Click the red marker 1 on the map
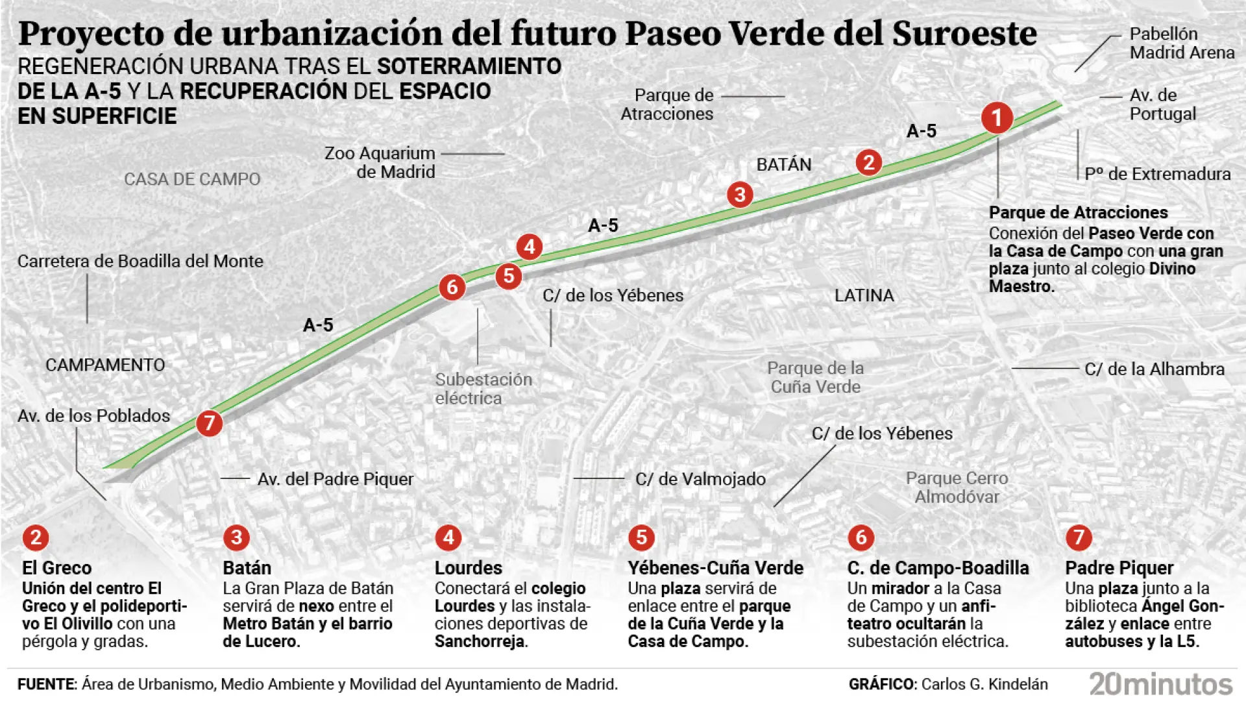pyautogui.click(x=997, y=118)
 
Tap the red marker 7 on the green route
pyautogui.click(x=209, y=423)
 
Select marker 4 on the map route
pyautogui.click(x=530, y=247)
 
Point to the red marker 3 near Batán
pyautogui.click(x=740, y=195)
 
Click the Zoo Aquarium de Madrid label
pyautogui.click(x=380, y=162)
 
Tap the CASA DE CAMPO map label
pyautogui.click(x=192, y=179)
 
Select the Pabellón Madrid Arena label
pyautogui.click(x=1181, y=43)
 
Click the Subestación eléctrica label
pyautogui.click(x=483, y=388)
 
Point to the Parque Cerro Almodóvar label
pyautogui.click(x=957, y=487)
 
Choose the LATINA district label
pyautogui.click(x=864, y=295)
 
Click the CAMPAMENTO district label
pyautogui.click(x=105, y=365)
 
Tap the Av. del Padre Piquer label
pyautogui.click(x=335, y=479)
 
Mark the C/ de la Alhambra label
pyautogui.click(x=1154, y=369)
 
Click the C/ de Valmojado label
pyautogui.click(x=700, y=479)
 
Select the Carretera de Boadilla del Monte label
pyautogui.click(x=140, y=261)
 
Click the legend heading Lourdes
pyautogui.click(x=468, y=568)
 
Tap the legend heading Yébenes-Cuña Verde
pyautogui.click(x=715, y=568)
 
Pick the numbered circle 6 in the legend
pyautogui.click(x=861, y=537)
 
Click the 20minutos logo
pyautogui.click(x=1160, y=684)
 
